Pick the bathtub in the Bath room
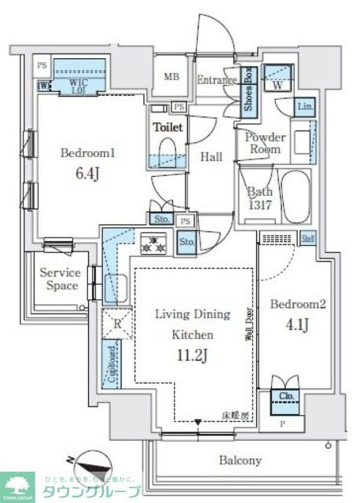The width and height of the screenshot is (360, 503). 295,196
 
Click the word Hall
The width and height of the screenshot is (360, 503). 211,157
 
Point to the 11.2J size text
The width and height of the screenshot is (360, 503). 193,354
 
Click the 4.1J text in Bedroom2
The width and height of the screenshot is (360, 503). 297,325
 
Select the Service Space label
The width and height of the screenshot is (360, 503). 60,279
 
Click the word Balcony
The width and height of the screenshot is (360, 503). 240,460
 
